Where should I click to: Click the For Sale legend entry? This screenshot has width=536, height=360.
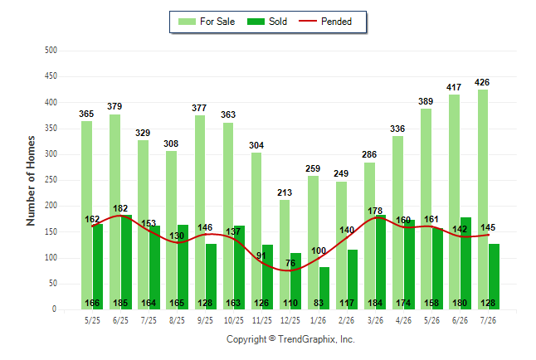point(207,22)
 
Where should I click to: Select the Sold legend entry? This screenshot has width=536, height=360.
point(267,22)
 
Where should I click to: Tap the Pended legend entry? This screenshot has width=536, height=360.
point(325,22)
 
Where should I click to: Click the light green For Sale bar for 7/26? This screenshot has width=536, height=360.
point(483,200)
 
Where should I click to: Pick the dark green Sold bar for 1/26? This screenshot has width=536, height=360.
point(324,288)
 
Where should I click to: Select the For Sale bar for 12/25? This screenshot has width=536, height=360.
point(285,255)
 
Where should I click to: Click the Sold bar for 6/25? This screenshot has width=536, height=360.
point(126,262)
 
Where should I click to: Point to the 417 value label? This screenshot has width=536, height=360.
point(454,87)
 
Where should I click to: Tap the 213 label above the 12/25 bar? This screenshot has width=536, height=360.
point(285,192)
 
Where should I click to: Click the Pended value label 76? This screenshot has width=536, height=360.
point(290,263)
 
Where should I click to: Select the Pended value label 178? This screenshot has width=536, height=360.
point(375,211)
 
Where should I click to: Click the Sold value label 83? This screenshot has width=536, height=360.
point(319,303)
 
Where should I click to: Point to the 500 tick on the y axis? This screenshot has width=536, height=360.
point(51,51)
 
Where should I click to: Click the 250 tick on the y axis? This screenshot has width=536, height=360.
point(51,180)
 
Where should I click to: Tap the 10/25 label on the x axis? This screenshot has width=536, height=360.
point(234,320)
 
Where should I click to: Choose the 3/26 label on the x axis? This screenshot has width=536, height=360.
point(375,320)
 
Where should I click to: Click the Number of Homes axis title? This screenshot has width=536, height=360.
point(31,181)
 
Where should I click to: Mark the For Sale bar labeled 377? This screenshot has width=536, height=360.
point(200,212)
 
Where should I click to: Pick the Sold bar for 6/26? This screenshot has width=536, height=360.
point(465,264)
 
